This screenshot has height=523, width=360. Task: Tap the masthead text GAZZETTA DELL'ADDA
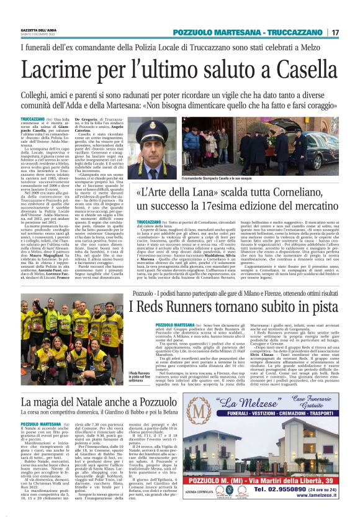coord(43,30)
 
